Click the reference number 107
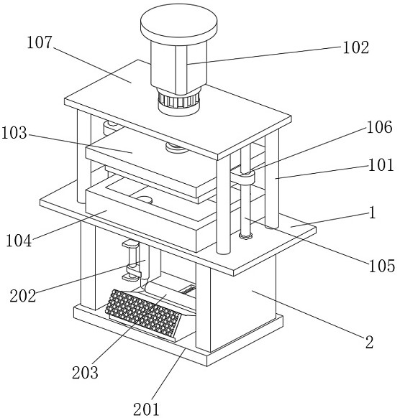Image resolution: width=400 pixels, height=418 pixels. pyautogui.click(x=40, y=42)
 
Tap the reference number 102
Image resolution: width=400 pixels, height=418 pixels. pyautogui.click(x=355, y=47)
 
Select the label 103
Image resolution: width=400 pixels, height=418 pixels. pyautogui.click(x=14, y=133)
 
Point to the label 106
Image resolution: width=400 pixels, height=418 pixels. pyautogui.click(x=379, y=127)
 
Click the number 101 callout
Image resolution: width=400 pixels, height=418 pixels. pyautogui.click(x=381, y=164)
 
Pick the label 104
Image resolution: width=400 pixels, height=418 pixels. pyautogui.click(x=19, y=241)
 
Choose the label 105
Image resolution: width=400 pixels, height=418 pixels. pyautogui.click(x=381, y=266)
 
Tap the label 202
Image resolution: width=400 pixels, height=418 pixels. pyautogui.click(x=23, y=296)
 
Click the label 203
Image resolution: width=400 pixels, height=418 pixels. pyautogui.click(x=85, y=372)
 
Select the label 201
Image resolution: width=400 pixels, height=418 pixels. pyautogui.click(x=146, y=409)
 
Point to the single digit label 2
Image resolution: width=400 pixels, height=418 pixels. pyautogui.click(x=369, y=342)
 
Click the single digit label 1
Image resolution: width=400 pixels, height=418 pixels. pyautogui.click(x=372, y=213)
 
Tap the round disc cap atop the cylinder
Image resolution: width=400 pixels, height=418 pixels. pyautogui.click(x=178, y=25)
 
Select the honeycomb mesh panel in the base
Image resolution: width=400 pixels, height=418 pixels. pyautogui.click(x=143, y=313)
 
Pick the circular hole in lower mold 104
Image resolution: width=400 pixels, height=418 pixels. pyautogui.click(x=144, y=199)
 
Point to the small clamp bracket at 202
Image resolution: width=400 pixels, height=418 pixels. pyautogui.click(x=132, y=261)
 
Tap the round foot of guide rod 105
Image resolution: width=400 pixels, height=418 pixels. pyautogui.click(x=245, y=236)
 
